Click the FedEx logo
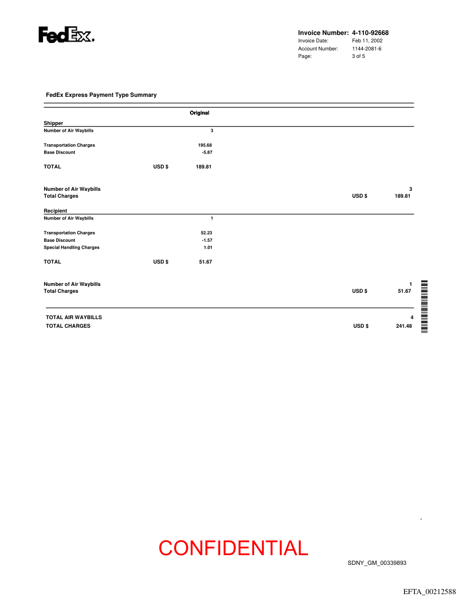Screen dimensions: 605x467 (66, 36)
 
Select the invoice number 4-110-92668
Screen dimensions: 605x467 (370, 33)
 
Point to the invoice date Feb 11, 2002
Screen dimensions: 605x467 (367, 41)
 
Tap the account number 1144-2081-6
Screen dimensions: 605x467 (366, 49)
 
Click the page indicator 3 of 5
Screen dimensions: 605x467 (358, 56)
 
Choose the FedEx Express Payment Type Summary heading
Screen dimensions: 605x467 (101, 95)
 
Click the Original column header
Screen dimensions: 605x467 (199, 113)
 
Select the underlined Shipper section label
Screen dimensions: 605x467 (53, 123)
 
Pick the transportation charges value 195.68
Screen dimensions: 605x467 (205, 145)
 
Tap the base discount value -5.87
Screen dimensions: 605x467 (207, 152)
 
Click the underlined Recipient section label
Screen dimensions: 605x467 (56, 211)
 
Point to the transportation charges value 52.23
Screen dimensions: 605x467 (206, 233)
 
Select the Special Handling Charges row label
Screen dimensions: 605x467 (72, 247)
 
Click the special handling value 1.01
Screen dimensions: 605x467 (208, 247)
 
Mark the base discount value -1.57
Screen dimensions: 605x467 (207, 240)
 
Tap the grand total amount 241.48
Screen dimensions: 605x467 (403, 326)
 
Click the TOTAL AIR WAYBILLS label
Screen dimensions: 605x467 (74, 317)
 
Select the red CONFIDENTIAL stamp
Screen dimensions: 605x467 (233, 548)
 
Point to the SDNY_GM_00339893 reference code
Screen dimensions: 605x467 (377, 563)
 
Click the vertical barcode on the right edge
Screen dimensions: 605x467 (425, 307)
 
